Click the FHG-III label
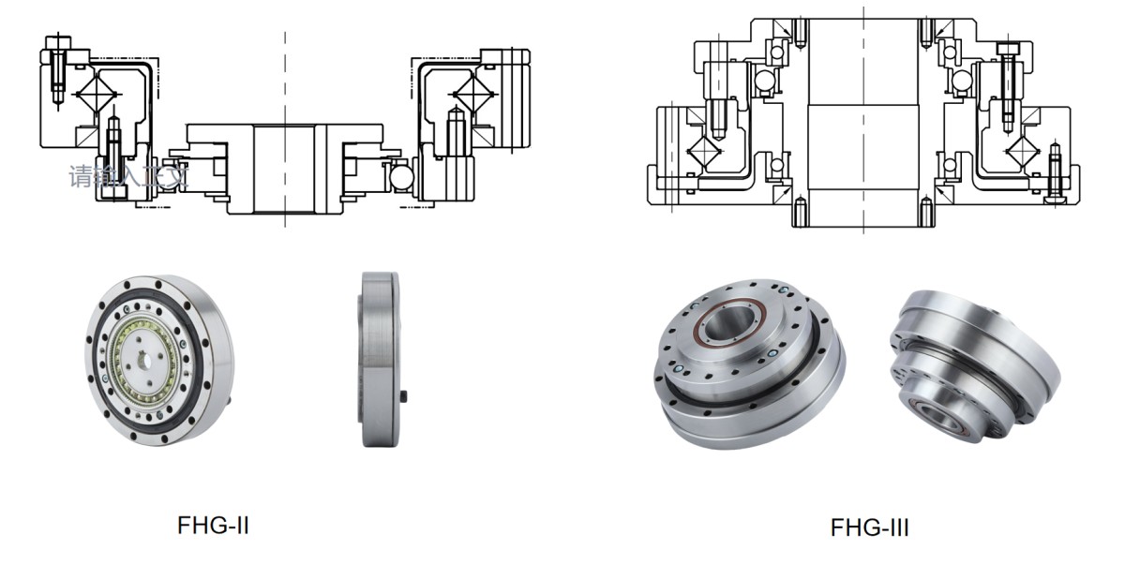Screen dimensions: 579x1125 [869, 528]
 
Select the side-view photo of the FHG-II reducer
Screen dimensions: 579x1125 [380, 359]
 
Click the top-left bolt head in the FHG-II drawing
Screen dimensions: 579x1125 [58, 45]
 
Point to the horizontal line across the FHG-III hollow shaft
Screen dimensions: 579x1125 [860, 105]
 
